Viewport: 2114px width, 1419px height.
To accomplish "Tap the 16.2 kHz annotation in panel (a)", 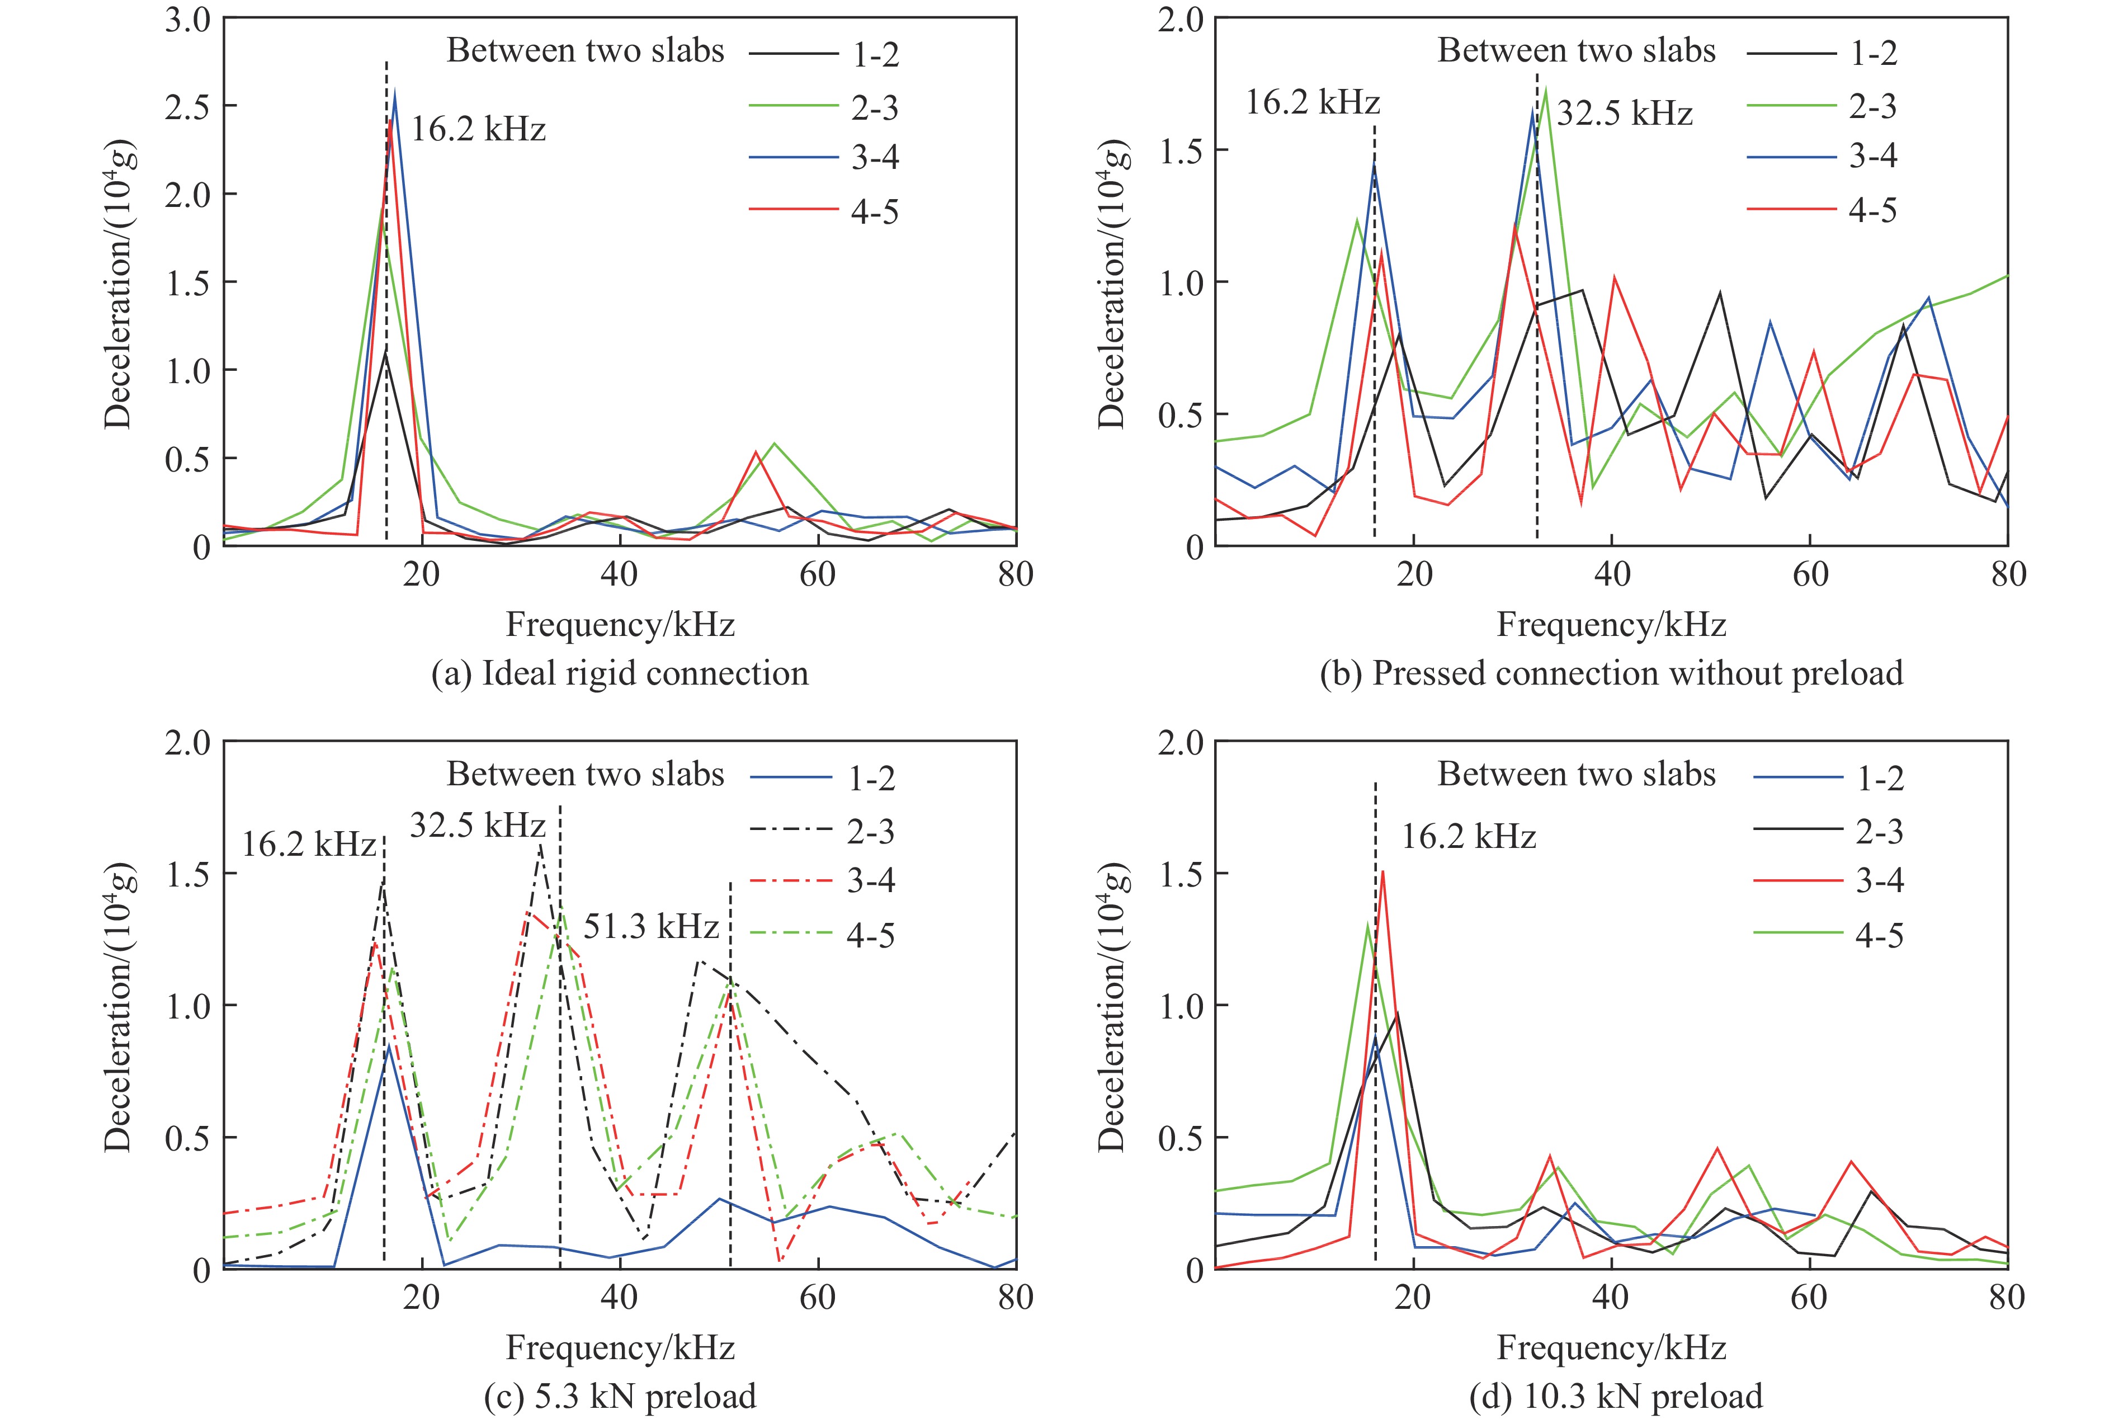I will tap(479, 129).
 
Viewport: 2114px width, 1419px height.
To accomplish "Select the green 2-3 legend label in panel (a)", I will tap(874, 108).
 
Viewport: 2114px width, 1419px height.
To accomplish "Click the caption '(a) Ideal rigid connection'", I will tap(620, 673).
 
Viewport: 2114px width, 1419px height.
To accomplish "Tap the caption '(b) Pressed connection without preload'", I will tap(1611, 673).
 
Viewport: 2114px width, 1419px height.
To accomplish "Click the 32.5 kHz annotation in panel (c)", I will tap(478, 826).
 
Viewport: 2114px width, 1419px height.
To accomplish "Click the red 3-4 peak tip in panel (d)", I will tap(1383, 871).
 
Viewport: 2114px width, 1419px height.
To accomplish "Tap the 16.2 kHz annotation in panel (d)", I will tap(1469, 837).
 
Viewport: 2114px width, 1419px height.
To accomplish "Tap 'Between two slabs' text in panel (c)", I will tap(586, 775).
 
